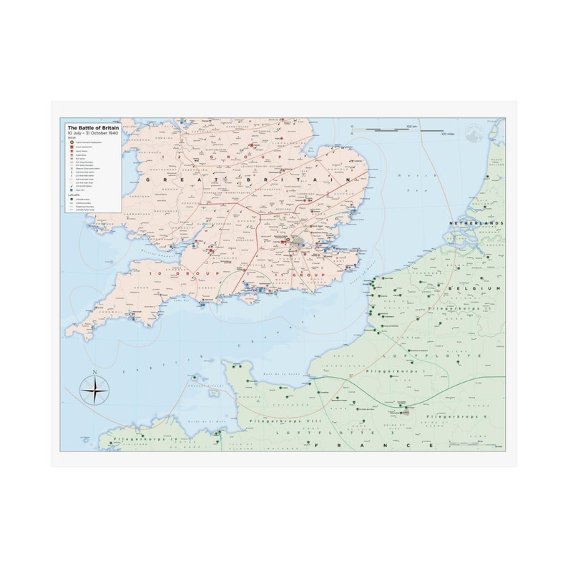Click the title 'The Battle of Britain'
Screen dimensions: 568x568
click(93, 127)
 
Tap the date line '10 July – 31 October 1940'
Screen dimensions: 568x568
click(93, 133)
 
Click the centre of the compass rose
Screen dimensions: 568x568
click(94, 391)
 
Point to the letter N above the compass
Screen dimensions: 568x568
click(94, 373)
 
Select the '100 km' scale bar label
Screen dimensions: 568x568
click(411, 127)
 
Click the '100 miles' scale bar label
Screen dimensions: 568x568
click(448, 134)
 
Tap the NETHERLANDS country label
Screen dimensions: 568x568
click(476, 223)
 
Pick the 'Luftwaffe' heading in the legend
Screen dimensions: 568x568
click(73, 193)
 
